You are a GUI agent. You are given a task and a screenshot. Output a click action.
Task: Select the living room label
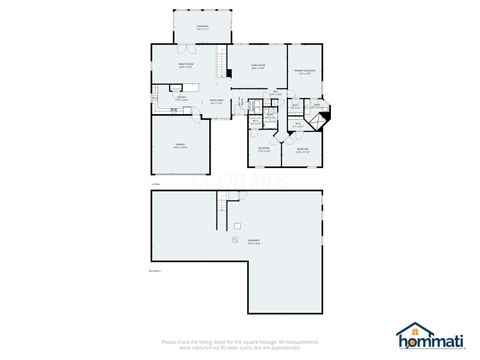pos(257,66)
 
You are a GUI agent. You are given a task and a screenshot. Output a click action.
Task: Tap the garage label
pos(180,146)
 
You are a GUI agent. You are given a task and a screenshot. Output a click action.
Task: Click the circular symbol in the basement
pos(233,239)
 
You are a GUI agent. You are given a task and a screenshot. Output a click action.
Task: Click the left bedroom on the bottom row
pos(264,149)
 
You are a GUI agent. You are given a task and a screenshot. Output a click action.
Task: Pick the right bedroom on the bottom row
pos(303,149)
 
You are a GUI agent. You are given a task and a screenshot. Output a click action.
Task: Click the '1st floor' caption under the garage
pos(155,184)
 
